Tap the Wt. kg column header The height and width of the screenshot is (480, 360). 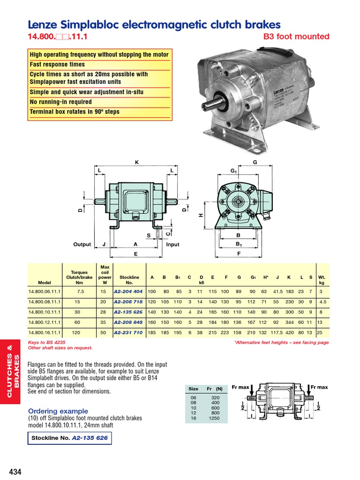pos(321,280)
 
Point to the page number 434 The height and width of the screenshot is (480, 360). pos(15,472)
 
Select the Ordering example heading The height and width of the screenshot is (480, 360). pos(58,411)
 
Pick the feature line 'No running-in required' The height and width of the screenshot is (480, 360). pos(61,102)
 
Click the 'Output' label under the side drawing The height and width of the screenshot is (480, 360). pos(82,244)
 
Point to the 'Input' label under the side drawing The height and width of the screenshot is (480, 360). pos(172,244)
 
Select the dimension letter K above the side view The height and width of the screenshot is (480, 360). pos(137,162)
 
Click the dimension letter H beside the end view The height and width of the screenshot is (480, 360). pos(201,215)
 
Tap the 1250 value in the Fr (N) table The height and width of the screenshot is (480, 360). pos(214,418)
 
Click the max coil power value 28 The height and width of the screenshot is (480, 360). pos(105,312)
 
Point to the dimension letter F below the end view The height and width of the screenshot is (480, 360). pos(239,253)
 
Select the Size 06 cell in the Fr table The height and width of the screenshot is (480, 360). pos(193,397)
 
